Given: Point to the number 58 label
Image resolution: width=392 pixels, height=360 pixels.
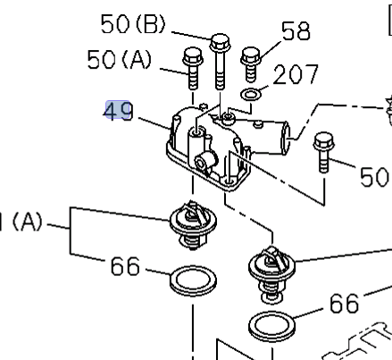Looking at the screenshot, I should (x=295, y=32).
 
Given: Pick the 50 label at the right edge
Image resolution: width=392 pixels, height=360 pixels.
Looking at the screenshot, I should (x=374, y=176).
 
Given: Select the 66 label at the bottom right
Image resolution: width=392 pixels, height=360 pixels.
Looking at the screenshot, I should (x=344, y=304).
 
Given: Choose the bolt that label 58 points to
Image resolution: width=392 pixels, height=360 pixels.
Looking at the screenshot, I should (x=251, y=63).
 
